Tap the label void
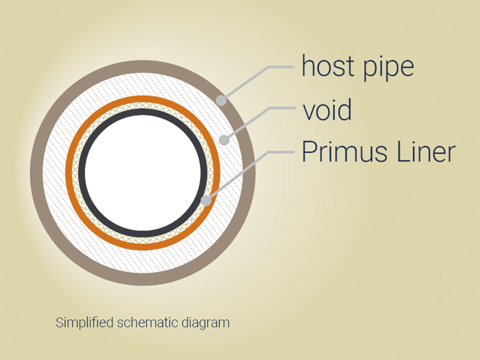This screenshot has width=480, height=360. click(x=327, y=109)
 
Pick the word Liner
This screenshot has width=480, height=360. click(x=426, y=152)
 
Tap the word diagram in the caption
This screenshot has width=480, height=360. click(x=206, y=323)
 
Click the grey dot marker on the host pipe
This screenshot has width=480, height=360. click(x=221, y=100)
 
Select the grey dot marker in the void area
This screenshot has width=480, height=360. click(x=224, y=140)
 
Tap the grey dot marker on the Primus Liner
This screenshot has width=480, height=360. click(x=206, y=201)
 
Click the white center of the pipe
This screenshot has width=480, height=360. click(x=143, y=173)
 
